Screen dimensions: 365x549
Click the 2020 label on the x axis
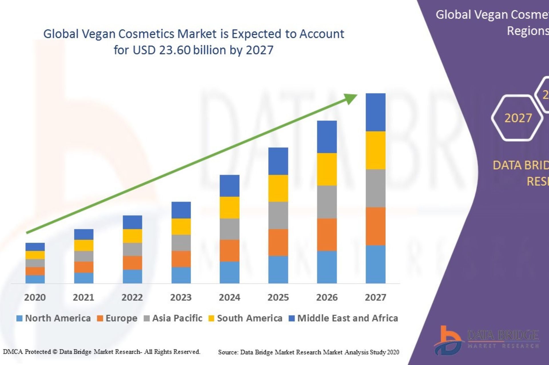click(x=35, y=297)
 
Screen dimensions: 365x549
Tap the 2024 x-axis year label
click(x=229, y=297)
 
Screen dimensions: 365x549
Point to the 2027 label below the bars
click(x=375, y=297)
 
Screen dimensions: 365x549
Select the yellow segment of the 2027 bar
click(x=375, y=150)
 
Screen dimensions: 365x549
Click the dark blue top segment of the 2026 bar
click(x=327, y=137)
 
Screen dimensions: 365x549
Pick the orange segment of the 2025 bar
click(x=278, y=242)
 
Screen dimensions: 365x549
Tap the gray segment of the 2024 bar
click(x=229, y=229)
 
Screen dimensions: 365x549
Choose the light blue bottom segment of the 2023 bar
click(x=181, y=275)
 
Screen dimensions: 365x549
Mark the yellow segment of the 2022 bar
click(x=132, y=236)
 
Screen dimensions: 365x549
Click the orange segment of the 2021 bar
click(x=84, y=267)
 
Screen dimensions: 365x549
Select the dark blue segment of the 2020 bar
click(x=35, y=247)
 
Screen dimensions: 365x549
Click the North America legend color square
click(x=19, y=318)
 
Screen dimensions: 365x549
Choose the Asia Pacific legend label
click(x=177, y=318)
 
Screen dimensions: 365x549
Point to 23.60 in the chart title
click(x=175, y=50)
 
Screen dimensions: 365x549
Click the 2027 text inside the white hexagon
click(x=518, y=118)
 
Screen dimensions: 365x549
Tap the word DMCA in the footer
click(x=13, y=352)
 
